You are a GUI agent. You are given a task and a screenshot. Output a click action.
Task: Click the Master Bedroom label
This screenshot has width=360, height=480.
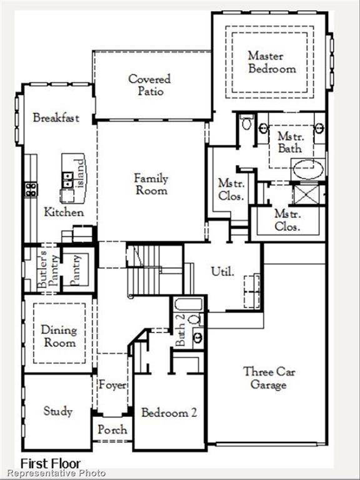coord(271,62)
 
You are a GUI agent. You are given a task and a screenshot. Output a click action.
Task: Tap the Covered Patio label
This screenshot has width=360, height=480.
coord(150,85)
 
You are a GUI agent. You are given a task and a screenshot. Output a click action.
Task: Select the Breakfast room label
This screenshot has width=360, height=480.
coord(56,117)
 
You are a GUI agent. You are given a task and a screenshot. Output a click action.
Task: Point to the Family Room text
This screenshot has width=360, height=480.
coord(151,184)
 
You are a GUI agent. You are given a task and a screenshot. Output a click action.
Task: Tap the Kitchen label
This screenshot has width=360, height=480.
coord(64,212)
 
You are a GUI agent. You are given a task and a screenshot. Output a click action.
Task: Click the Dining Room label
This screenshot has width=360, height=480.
coord(59,336)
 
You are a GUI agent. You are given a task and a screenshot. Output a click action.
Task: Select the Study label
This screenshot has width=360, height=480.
coord(57,411)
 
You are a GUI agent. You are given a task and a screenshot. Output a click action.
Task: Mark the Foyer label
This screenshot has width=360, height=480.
coord(112,385)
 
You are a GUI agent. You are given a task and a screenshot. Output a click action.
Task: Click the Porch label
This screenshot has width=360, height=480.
coord(112,429)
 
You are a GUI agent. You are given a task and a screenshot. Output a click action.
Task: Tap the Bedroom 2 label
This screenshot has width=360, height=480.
coord(169,412)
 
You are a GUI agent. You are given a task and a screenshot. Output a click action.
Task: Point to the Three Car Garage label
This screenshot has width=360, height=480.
coord(269,377)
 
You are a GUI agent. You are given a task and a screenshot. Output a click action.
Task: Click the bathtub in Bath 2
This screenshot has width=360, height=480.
coord(188,305)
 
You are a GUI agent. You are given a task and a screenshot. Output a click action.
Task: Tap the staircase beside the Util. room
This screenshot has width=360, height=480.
coord(150,269)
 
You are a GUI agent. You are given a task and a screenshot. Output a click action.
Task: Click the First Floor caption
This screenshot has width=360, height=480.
coord(51,464)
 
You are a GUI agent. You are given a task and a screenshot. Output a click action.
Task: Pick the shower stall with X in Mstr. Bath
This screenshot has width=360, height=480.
coord(307,193)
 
